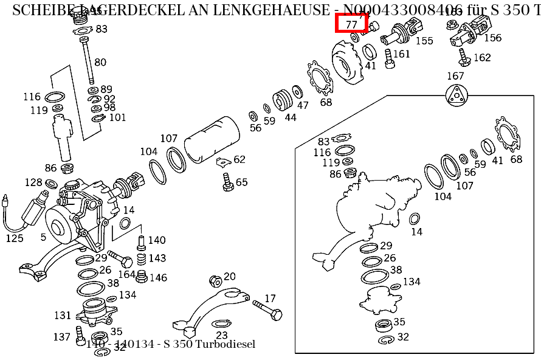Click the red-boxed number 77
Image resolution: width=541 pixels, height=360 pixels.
351,24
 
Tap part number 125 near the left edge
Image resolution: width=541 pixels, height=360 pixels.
15,238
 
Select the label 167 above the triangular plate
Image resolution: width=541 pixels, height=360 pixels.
455,76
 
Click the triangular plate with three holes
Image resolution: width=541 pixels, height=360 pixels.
455,96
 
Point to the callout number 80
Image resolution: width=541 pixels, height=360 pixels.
100,62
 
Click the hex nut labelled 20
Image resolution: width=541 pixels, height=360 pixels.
215,281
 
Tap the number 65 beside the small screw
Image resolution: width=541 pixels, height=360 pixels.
242,182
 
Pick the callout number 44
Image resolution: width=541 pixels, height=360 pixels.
291,117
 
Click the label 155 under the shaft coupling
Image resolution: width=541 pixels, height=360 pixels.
424,41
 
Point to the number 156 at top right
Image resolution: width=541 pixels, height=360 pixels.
493,38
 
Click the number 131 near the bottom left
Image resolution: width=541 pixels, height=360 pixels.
63,315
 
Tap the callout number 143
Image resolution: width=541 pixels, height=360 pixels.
157,258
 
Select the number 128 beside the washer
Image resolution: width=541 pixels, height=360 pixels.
33,182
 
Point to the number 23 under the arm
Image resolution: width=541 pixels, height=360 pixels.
221,335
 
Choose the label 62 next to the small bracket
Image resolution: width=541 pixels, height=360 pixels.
239,159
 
